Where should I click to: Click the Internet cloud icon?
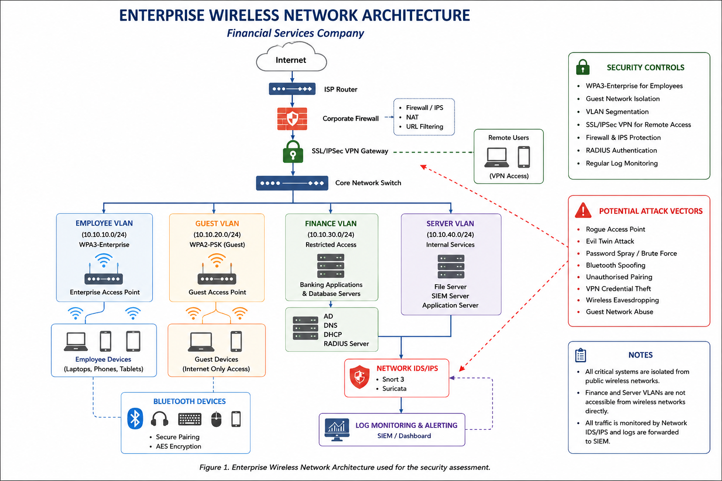point(291,57)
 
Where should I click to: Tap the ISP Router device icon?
point(292,89)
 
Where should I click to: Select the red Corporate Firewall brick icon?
point(292,118)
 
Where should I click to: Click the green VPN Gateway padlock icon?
point(293,151)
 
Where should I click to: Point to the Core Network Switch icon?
point(292,183)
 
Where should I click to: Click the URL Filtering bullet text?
point(424,127)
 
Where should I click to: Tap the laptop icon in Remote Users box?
point(497,157)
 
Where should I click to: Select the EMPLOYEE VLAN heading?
point(104,223)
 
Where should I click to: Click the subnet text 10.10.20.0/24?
point(217,234)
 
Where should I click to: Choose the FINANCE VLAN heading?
point(331,224)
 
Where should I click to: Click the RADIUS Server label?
point(346,344)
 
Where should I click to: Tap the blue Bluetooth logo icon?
point(135,419)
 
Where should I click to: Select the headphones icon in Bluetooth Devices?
point(159,419)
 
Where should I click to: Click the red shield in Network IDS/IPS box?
point(360,377)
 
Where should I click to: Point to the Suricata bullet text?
point(394,388)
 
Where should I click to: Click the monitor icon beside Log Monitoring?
point(337,430)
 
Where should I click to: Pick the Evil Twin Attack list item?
point(610,241)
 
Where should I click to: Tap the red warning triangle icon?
point(583,210)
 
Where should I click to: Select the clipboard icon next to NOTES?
point(581,355)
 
